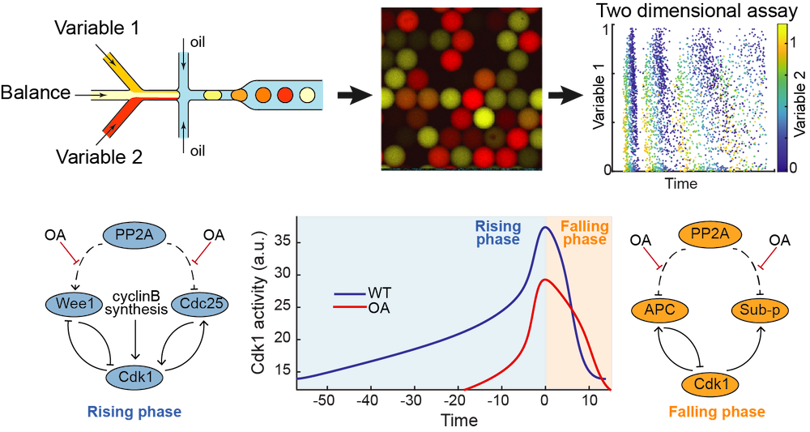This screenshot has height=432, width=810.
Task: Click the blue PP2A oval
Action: pos(134,235)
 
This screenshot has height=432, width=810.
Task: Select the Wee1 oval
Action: pos(75,305)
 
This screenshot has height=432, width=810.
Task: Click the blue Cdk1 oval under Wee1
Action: pos(134,377)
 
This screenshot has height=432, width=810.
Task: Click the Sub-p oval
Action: pos(759,310)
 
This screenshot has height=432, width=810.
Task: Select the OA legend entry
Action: pos(378,308)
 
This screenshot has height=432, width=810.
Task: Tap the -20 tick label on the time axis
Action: pos(457,400)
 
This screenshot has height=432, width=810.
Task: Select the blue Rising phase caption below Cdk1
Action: pos(134,412)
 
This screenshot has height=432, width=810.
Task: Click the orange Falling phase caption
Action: pos(716,413)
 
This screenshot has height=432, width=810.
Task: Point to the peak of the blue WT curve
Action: pos(545,227)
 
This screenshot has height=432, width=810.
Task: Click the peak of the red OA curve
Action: pos(546,280)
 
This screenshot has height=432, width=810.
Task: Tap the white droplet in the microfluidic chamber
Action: pos(307,95)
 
